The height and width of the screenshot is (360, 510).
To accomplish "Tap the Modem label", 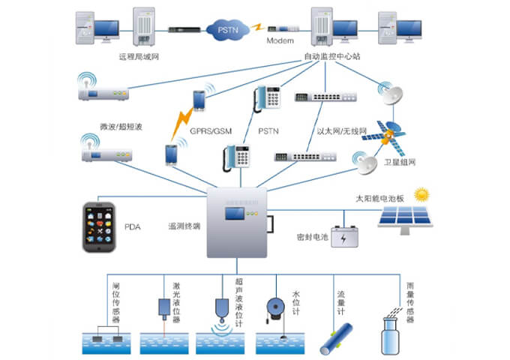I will (x=279, y=40).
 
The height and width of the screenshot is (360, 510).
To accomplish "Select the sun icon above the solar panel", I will (x=422, y=194).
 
